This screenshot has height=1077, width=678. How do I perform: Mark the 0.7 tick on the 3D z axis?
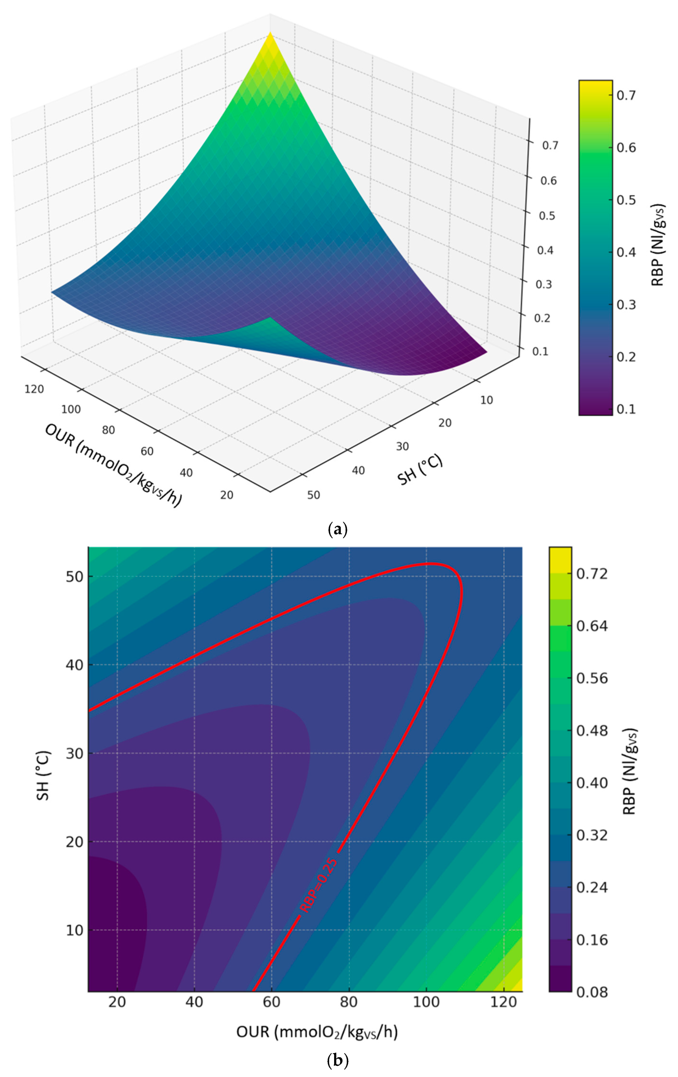click(550, 145)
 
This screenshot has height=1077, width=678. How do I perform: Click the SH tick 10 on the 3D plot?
click(486, 400)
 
